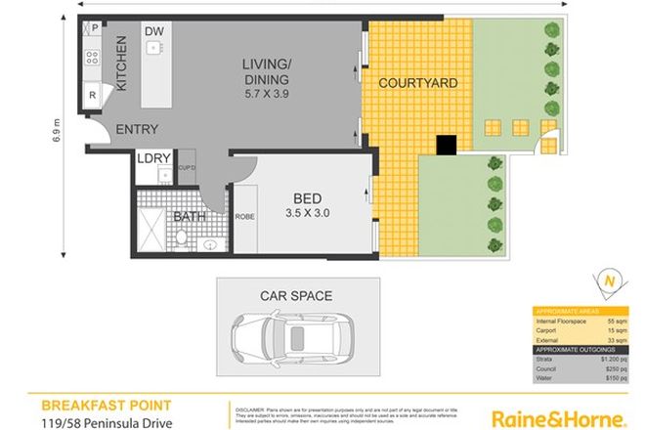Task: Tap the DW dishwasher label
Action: coord(154,32)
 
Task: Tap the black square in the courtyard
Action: coord(447,145)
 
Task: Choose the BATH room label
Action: coord(191,217)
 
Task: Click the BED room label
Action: coord(305,194)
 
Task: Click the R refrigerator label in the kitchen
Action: coord(92,96)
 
